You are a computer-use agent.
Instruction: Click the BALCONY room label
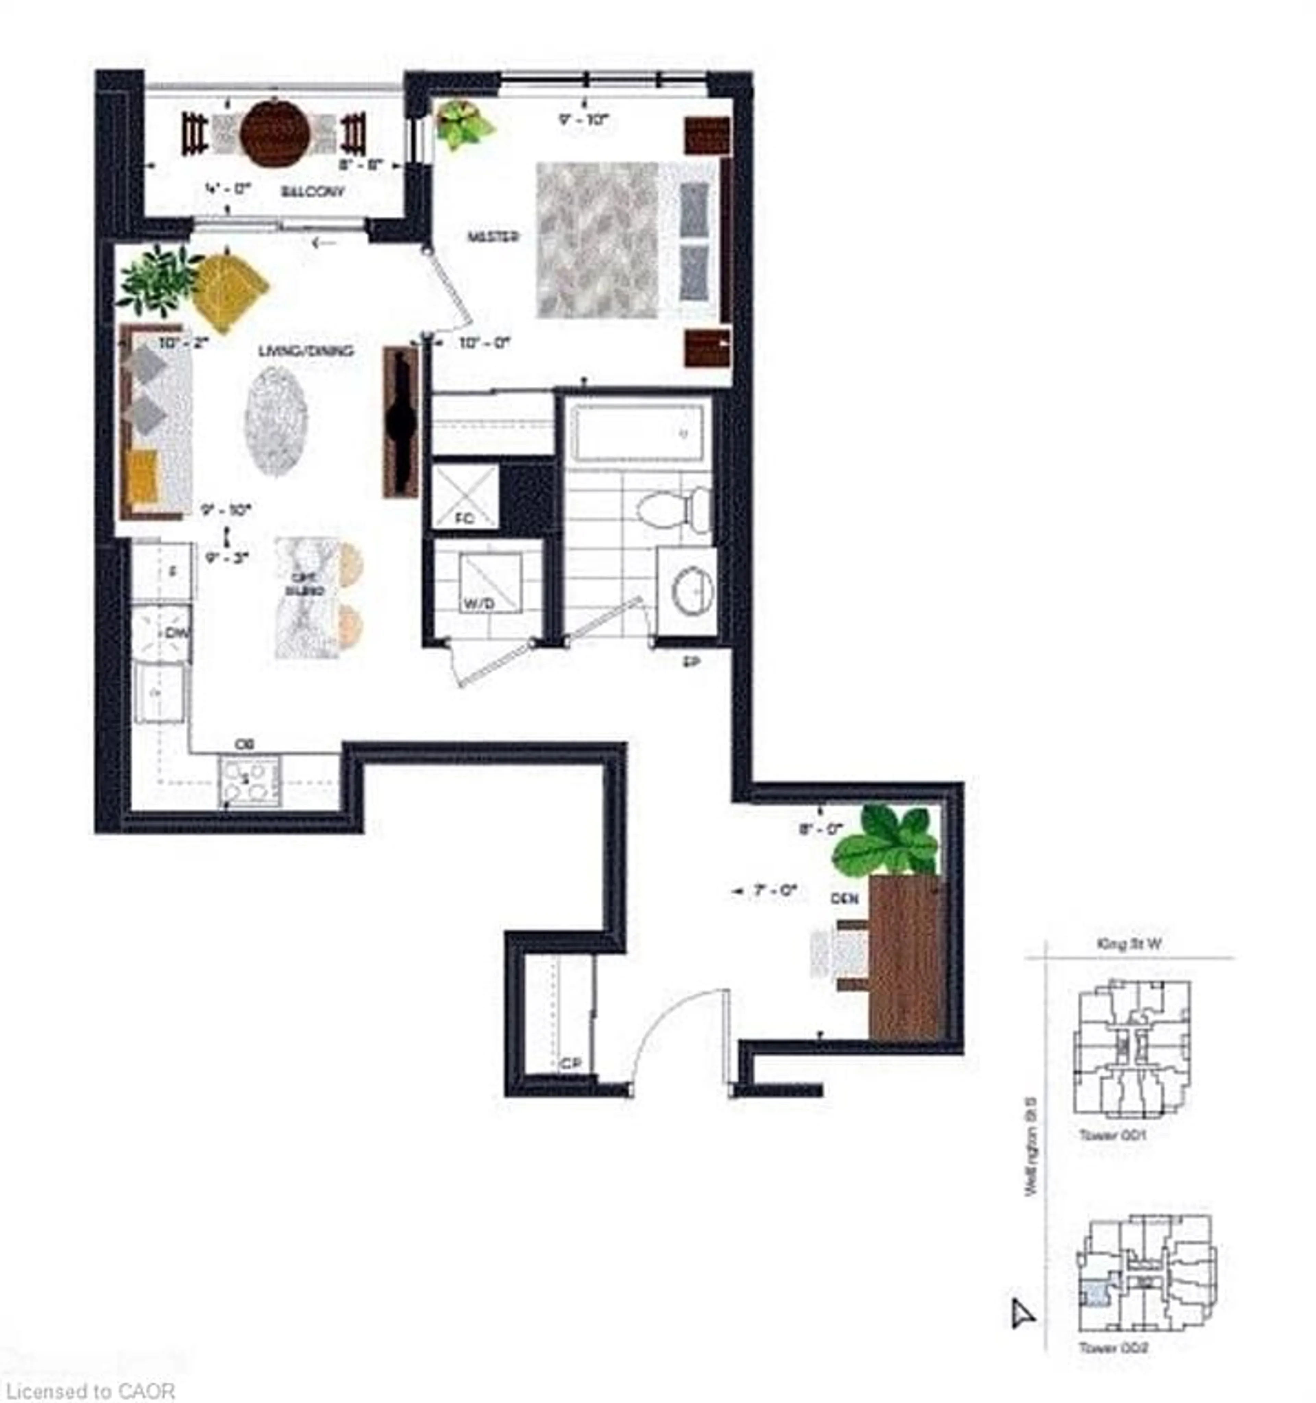313,191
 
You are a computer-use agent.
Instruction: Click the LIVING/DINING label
306,351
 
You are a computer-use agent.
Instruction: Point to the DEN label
844,898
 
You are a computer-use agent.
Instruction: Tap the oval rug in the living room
276,421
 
